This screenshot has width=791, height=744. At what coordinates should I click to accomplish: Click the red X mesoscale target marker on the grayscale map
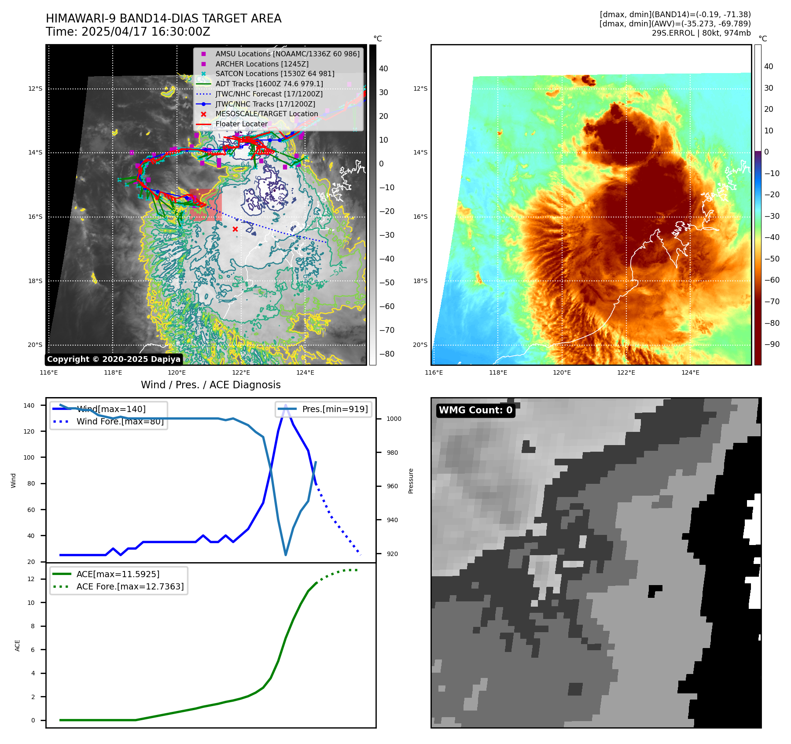pos(235,229)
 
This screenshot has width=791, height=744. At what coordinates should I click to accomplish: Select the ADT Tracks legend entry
pos(269,84)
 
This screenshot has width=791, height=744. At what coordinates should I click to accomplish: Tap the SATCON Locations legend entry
pos(275,74)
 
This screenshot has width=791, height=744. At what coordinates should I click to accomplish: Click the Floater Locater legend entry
pos(241,124)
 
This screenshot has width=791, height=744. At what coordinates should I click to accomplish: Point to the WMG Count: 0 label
pos(475,410)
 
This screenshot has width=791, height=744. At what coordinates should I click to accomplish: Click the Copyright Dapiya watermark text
pos(114,359)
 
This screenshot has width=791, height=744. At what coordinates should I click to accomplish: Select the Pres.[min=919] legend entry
pos(335,409)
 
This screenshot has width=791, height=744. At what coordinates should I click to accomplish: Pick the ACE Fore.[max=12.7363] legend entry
pos(130,586)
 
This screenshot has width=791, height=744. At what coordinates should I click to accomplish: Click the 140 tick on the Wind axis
pos(29,405)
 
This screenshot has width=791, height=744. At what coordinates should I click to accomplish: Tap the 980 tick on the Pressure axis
pos(394,453)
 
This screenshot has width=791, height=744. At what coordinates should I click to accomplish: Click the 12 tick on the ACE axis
pos(31,579)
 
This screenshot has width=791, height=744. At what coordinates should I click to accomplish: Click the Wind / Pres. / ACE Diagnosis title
pos(210,385)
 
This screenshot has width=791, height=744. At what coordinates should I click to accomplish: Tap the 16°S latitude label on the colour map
pos(420,217)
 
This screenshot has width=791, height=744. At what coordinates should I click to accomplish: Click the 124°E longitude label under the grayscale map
pos(305,372)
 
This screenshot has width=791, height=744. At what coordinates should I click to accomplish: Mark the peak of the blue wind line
pos(286,405)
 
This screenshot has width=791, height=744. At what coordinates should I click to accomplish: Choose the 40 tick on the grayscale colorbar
pos(383,69)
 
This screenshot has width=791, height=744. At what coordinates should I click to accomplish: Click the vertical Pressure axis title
pos(411,481)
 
